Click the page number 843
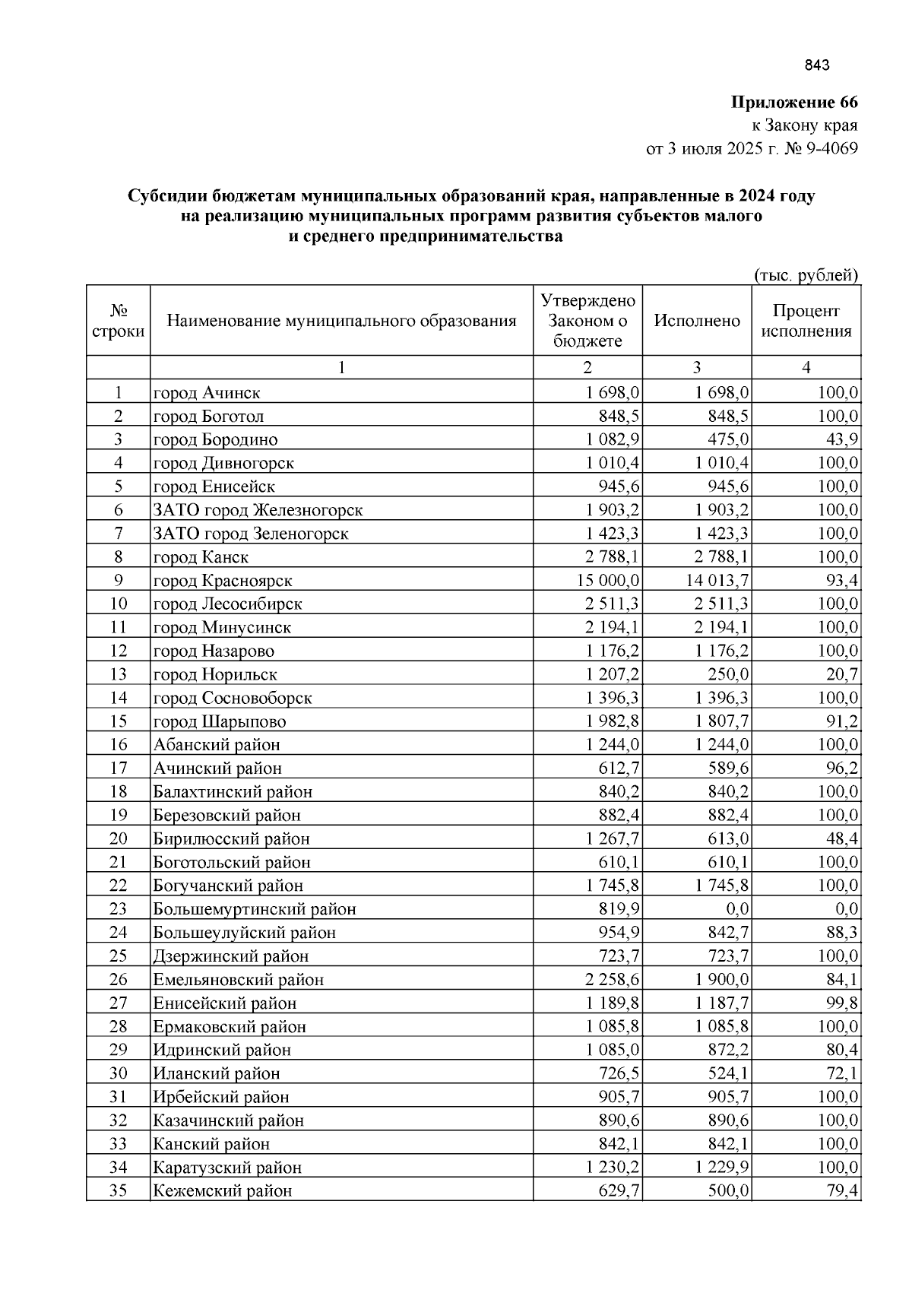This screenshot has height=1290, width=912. [x=817, y=65]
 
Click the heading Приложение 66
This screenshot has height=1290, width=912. [x=794, y=102]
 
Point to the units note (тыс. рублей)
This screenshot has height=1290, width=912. [x=806, y=274]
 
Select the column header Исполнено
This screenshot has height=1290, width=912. [x=697, y=321]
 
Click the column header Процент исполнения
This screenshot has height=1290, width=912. [x=806, y=321]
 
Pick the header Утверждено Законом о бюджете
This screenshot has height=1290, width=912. [x=587, y=320]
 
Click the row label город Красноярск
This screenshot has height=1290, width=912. [x=223, y=581]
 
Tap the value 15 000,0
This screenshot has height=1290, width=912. [x=609, y=581]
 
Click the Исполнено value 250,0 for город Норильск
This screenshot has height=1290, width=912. [x=728, y=674]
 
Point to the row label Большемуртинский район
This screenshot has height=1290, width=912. [x=255, y=909]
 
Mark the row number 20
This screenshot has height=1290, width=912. [x=118, y=838]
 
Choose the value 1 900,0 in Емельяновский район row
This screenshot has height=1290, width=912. [x=721, y=980]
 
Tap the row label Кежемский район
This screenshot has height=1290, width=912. [x=223, y=1191]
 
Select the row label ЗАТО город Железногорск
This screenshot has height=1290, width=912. [x=258, y=510]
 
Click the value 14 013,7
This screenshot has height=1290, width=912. [x=718, y=581]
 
